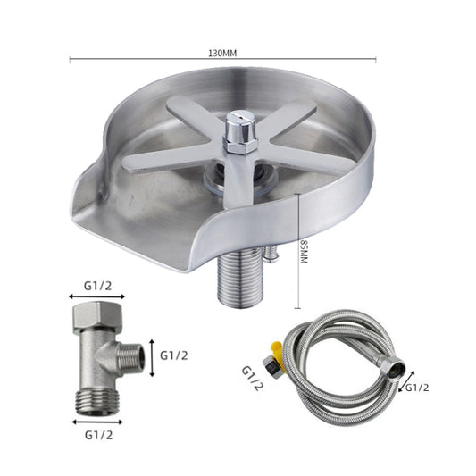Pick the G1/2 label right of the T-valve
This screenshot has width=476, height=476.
(174, 355)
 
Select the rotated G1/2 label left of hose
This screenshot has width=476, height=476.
(253, 379)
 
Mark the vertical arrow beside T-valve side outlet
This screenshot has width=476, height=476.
(152, 355)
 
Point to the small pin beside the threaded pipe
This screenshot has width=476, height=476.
(264, 256)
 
